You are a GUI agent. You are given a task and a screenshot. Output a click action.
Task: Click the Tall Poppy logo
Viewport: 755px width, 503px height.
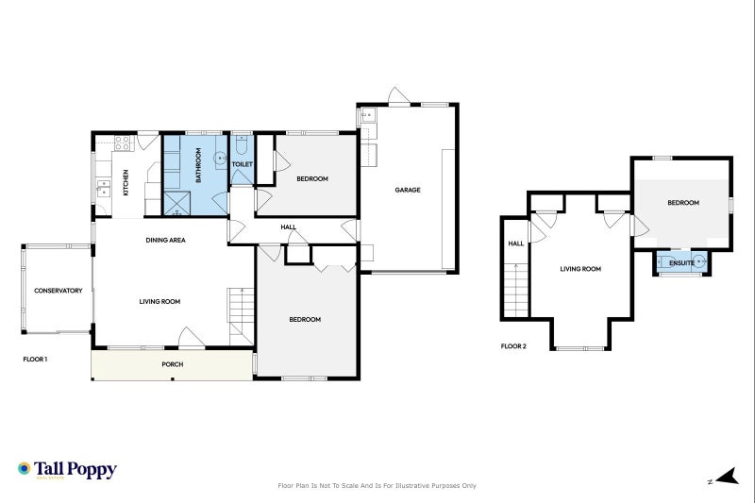66,469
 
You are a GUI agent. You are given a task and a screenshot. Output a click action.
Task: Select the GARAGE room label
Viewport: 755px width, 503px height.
408,190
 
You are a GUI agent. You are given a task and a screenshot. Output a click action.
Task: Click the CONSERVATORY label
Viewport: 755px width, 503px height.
58,290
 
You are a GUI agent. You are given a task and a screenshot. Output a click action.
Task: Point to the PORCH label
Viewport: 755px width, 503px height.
172,364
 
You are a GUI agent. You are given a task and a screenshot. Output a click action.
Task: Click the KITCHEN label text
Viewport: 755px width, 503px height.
126,182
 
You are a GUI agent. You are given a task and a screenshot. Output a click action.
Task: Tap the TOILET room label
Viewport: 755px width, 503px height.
243,164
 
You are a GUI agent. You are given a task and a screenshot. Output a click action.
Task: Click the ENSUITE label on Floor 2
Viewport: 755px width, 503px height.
681,262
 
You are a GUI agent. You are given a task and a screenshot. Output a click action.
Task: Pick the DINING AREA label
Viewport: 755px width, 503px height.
165,240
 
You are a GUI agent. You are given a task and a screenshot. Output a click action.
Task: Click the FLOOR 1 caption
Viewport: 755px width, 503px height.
35,359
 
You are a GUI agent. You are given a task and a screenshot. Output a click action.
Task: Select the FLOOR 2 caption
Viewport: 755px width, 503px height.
513,346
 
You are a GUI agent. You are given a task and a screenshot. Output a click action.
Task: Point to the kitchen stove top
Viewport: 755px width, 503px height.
122,143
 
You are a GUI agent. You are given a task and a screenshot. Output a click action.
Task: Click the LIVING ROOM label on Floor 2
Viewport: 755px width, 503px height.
580,269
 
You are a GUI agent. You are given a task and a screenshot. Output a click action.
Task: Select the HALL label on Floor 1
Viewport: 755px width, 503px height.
288,227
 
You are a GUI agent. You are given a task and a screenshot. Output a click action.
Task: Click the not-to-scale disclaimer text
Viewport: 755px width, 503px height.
377,485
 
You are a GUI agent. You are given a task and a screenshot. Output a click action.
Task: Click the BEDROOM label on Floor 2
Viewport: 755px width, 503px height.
683,203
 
